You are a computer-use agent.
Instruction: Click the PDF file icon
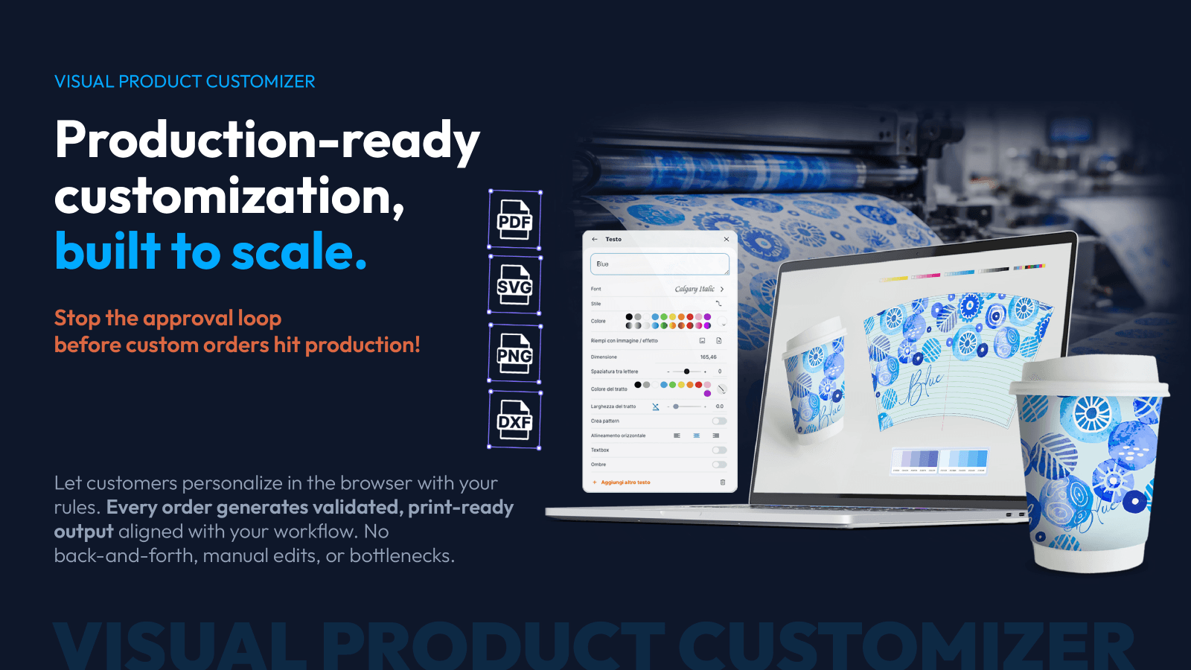pyautogui.click(x=514, y=220)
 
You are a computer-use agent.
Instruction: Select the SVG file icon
pyautogui.click(x=514, y=285)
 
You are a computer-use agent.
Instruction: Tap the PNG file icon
pyautogui.click(x=514, y=353)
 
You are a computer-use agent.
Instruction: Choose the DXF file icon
pyautogui.click(x=514, y=420)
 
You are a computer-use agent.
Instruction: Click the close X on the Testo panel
pyautogui.click(x=727, y=239)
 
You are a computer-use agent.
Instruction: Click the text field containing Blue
pyautogui.click(x=659, y=264)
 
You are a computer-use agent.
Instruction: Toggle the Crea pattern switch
pyautogui.click(x=719, y=421)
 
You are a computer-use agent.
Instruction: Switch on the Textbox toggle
pyautogui.click(x=719, y=450)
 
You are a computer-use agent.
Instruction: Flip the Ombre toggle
pyautogui.click(x=719, y=465)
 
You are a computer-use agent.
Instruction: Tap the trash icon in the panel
pyautogui.click(x=723, y=482)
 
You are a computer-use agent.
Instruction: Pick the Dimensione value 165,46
pyautogui.click(x=708, y=357)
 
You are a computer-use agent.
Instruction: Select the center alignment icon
pyautogui.click(x=696, y=435)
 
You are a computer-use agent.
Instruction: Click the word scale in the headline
pyautogui.click(x=299, y=252)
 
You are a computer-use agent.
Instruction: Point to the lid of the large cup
pyautogui.click(x=1089, y=375)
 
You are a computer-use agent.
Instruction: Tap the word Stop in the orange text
pyautogui.click(x=77, y=319)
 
